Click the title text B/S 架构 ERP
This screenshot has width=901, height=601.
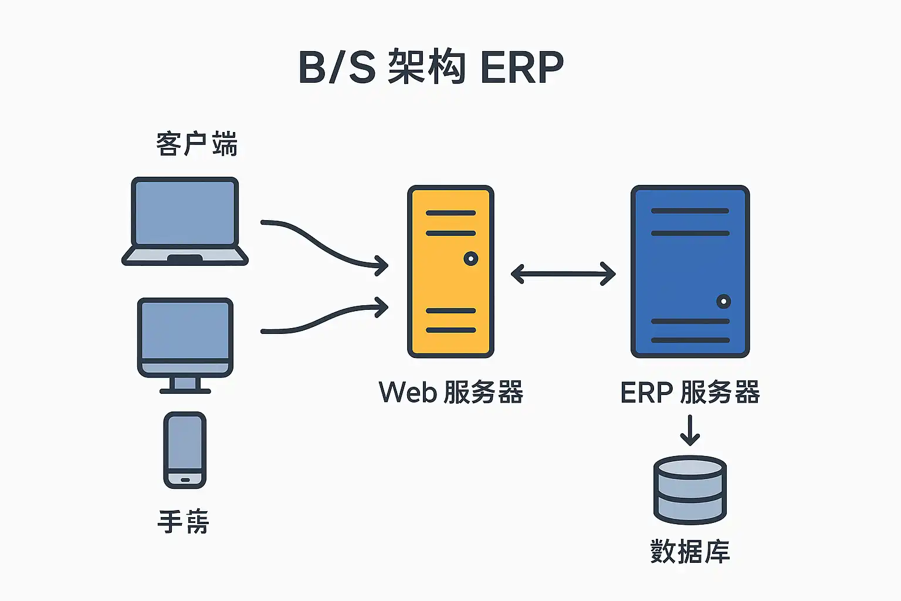pyautogui.click(x=431, y=67)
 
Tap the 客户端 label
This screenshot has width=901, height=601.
pyautogui.click(x=197, y=144)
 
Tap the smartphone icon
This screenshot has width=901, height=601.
pyautogui.click(x=185, y=450)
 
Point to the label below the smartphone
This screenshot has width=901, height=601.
pyautogui.click(x=184, y=522)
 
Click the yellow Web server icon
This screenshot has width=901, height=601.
pyautogui.click(x=450, y=271)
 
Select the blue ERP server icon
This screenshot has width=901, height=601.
pyautogui.click(x=690, y=271)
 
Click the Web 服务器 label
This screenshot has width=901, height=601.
pyautogui.click(x=450, y=393)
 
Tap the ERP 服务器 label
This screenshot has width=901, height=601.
pyautogui.click(x=690, y=393)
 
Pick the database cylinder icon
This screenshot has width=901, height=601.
pyautogui.click(x=690, y=489)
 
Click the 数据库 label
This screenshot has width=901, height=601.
pyautogui.click(x=690, y=552)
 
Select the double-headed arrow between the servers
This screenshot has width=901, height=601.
pyautogui.click(x=563, y=274)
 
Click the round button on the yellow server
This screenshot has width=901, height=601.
pyautogui.click(x=470, y=258)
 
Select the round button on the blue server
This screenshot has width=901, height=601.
pyautogui.click(x=723, y=302)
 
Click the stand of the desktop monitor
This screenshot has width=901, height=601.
pyautogui.click(x=185, y=385)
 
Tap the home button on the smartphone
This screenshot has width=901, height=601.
pyautogui.click(x=185, y=480)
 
